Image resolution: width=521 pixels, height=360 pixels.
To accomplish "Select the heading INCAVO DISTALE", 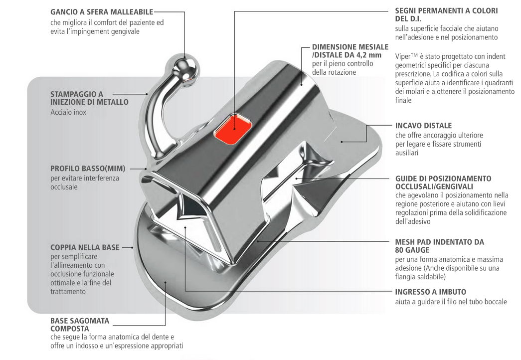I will click(x=423, y=126).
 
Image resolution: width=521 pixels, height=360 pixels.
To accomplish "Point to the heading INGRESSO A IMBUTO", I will click(x=430, y=292).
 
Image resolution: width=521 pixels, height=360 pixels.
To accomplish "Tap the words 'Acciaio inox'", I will click(x=68, y=113).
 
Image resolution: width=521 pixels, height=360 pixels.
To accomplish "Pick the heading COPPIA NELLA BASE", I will click(x=85, y=247).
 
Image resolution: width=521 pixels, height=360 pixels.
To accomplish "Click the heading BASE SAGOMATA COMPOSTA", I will click(x=80, y=325).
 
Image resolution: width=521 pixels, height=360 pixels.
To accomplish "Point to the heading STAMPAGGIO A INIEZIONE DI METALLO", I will click(x=89, y=98).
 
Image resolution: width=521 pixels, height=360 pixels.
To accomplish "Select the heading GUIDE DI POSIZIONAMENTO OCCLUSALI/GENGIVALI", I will click(x=443, y=182).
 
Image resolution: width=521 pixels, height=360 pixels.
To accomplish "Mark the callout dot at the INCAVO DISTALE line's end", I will click(x=342, y=142).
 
